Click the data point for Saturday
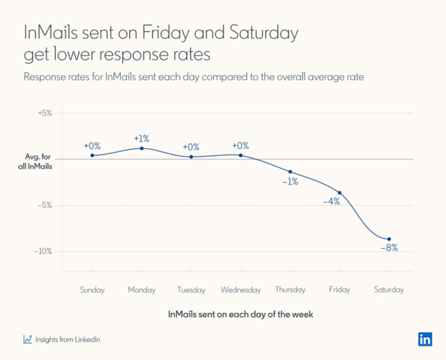point(389,239)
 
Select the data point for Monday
point(142,148)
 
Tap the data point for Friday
point(340,193)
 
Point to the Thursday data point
point(290,172)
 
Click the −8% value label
point(389,248)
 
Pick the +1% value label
point(142,139)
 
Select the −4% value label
point(331,201)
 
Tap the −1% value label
point(290,182)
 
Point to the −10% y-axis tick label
point(42,251)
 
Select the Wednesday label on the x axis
point(240,290)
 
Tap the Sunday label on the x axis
point(92,290)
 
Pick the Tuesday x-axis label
point(191,290)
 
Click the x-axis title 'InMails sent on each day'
point(240,314)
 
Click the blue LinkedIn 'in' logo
point(425,340)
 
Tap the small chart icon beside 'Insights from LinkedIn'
point(27,340)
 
